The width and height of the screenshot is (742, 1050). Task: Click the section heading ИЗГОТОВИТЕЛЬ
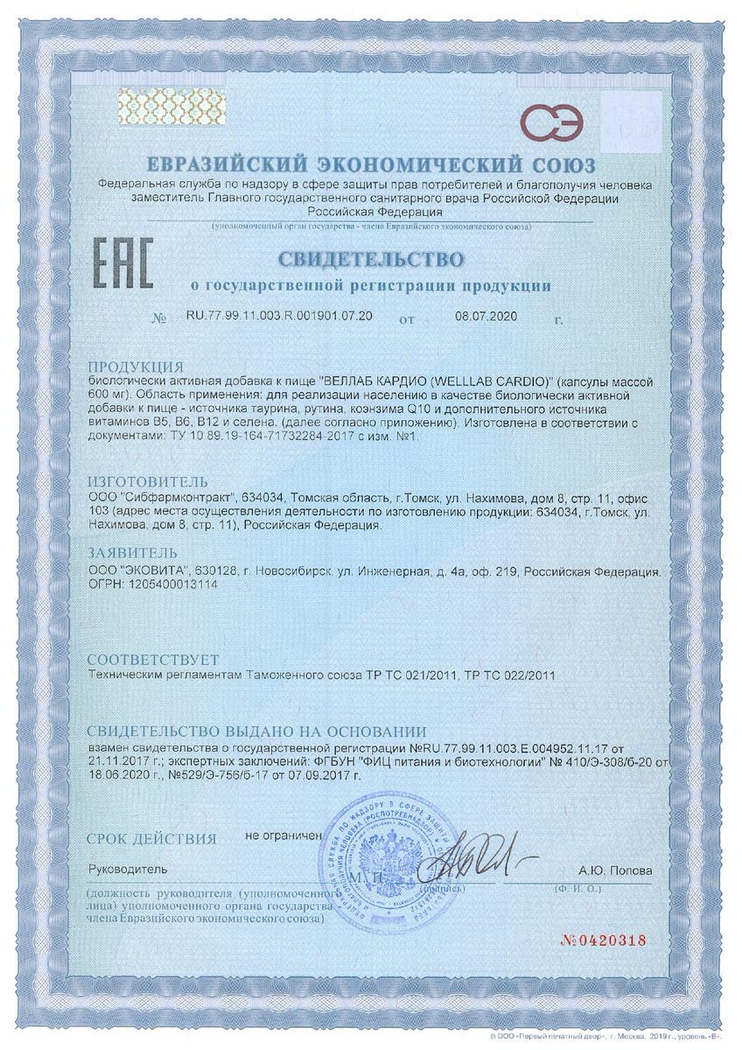[x=149, y=480]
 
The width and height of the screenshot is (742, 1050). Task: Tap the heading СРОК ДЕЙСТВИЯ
[x=150, y=838]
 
